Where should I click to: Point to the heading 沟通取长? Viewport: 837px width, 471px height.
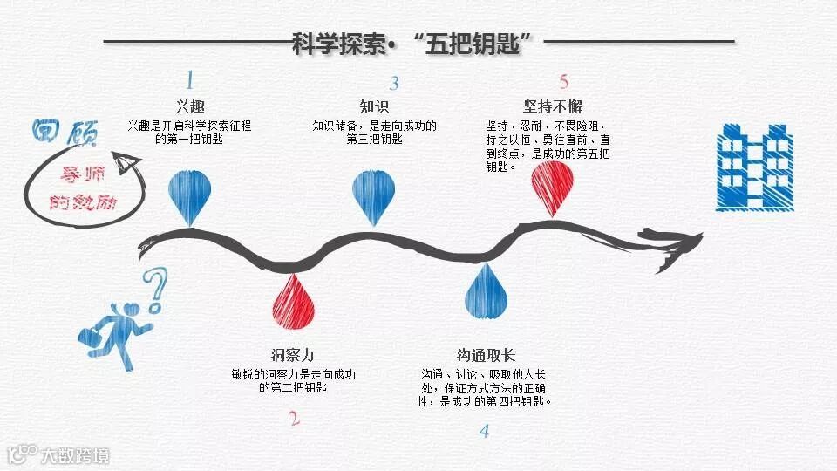[x=486, y=355]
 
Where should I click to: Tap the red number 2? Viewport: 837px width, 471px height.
[x=294, y=418]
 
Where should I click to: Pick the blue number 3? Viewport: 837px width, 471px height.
[x=394, y=84]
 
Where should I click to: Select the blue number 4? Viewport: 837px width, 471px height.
[x=485, y=430]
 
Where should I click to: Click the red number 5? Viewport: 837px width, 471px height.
[x=564, y=82]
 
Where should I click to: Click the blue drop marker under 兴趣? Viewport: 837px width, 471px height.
[x=190, y=194]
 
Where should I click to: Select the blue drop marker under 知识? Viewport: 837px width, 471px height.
[x=375, y=194]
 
